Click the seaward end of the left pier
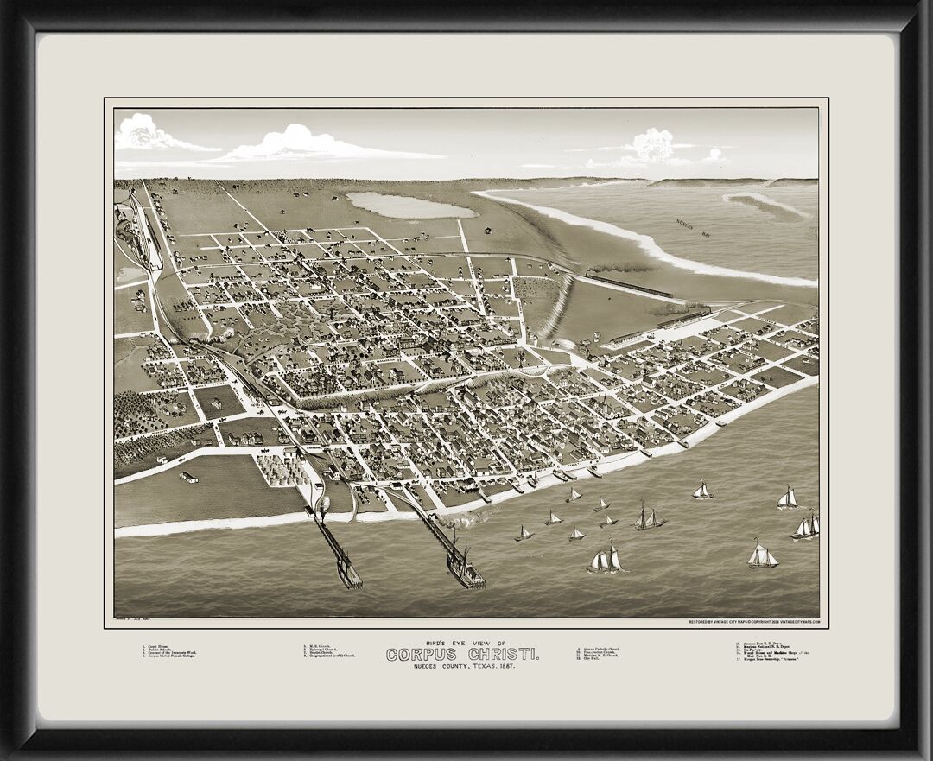tap(350, 580)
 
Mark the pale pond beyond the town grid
tap(409, 205)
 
